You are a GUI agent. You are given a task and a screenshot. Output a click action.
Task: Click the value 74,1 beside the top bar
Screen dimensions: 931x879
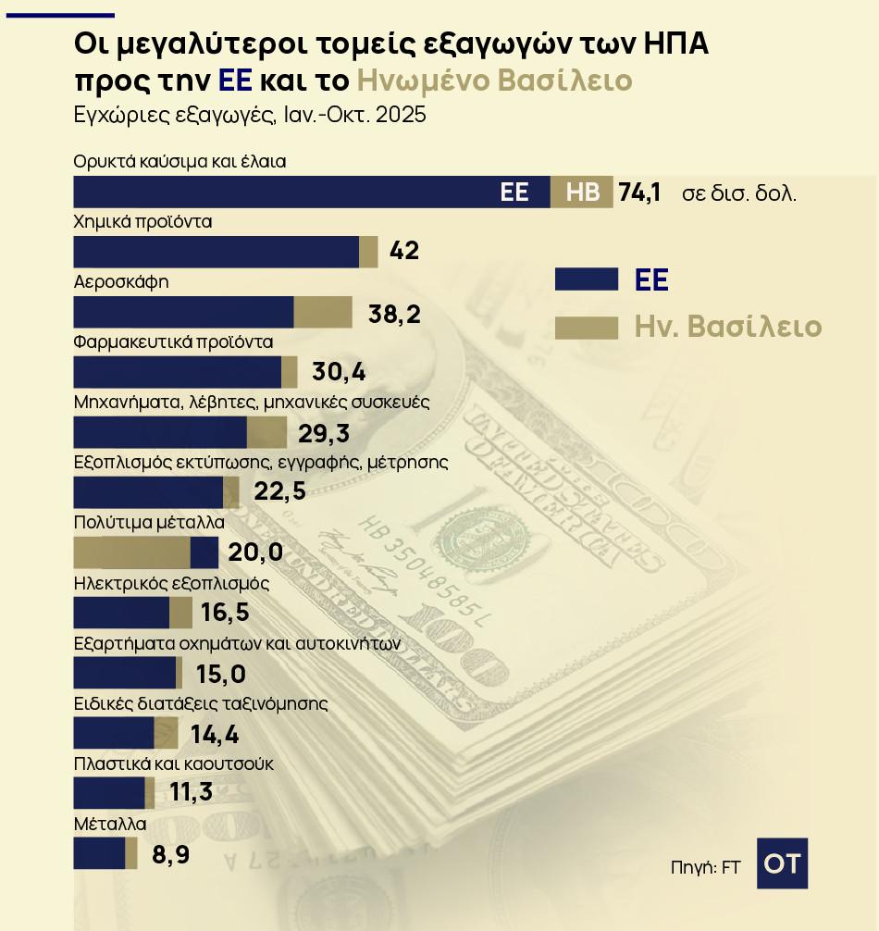click(x=638, y=192)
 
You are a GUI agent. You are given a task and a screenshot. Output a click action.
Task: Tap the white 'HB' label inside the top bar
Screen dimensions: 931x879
click(x=582, y=192)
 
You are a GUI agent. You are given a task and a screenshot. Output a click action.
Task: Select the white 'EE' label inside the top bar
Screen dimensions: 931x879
click(x=514, y=192)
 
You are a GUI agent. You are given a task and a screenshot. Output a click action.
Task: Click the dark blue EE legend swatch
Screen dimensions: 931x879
click(x=586, y=279)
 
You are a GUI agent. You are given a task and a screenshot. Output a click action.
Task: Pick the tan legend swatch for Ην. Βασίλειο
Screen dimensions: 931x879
click(x=586, y=328)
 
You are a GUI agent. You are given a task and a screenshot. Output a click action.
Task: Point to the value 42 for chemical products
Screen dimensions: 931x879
click(x=405, y=252)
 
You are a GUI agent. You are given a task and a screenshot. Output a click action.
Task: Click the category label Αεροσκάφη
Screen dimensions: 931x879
click(x=120, y=281)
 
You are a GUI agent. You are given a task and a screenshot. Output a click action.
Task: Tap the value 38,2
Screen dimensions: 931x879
click(x=394, y=314)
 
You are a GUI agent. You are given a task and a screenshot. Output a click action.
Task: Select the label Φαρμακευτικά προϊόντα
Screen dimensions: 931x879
click(x=173, y=341)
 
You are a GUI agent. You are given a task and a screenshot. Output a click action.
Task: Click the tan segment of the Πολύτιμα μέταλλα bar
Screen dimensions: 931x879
click(x=131, y=553)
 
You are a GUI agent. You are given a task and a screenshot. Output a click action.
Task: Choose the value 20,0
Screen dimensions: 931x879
click(x=254, y=553)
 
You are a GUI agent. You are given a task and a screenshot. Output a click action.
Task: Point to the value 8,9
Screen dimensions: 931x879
click(x=171, y=854)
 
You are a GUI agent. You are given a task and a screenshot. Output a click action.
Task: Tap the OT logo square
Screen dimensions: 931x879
click(x=782, y=863)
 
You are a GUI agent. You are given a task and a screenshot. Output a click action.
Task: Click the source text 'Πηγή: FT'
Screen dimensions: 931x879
click(x=705, y=867)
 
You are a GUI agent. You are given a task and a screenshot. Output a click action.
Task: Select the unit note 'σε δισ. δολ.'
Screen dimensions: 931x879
click(x=739, y=194)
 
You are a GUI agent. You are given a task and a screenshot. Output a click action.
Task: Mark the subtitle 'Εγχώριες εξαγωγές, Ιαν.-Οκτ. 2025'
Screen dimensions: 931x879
click(x=250, y=117)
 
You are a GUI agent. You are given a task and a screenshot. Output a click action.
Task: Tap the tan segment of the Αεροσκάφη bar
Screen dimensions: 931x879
click(x=323, y=312)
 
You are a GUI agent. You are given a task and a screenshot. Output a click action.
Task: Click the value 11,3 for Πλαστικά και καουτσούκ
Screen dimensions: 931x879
click(x=192, y=793)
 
